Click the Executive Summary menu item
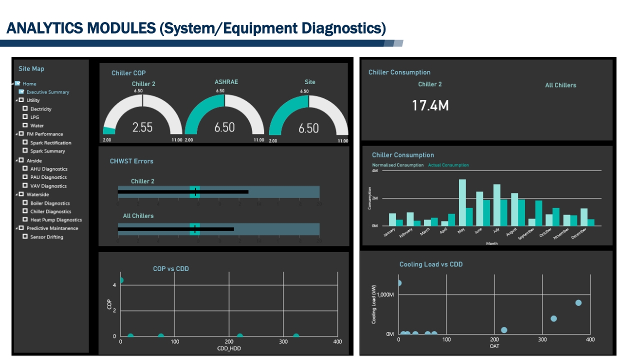tap(47, 92)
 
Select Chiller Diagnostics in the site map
tap(50, 211)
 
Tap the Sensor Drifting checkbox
tap(25, 237)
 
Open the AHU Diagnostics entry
tap(48, 169)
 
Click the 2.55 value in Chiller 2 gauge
tap(142, 127)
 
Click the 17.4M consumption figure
tap(430, 105)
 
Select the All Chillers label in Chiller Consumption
tap(560, 85)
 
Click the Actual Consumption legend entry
tap(448, 165)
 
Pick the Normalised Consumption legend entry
tap(397, 165)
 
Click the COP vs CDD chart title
tap(170, 268)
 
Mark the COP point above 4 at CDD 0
tap(120, 280)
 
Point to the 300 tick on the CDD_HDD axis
tap(283, 341)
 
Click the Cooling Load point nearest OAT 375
tap(578, 302)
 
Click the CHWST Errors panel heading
tap(131, 161)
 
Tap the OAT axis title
tap(494, 346)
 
